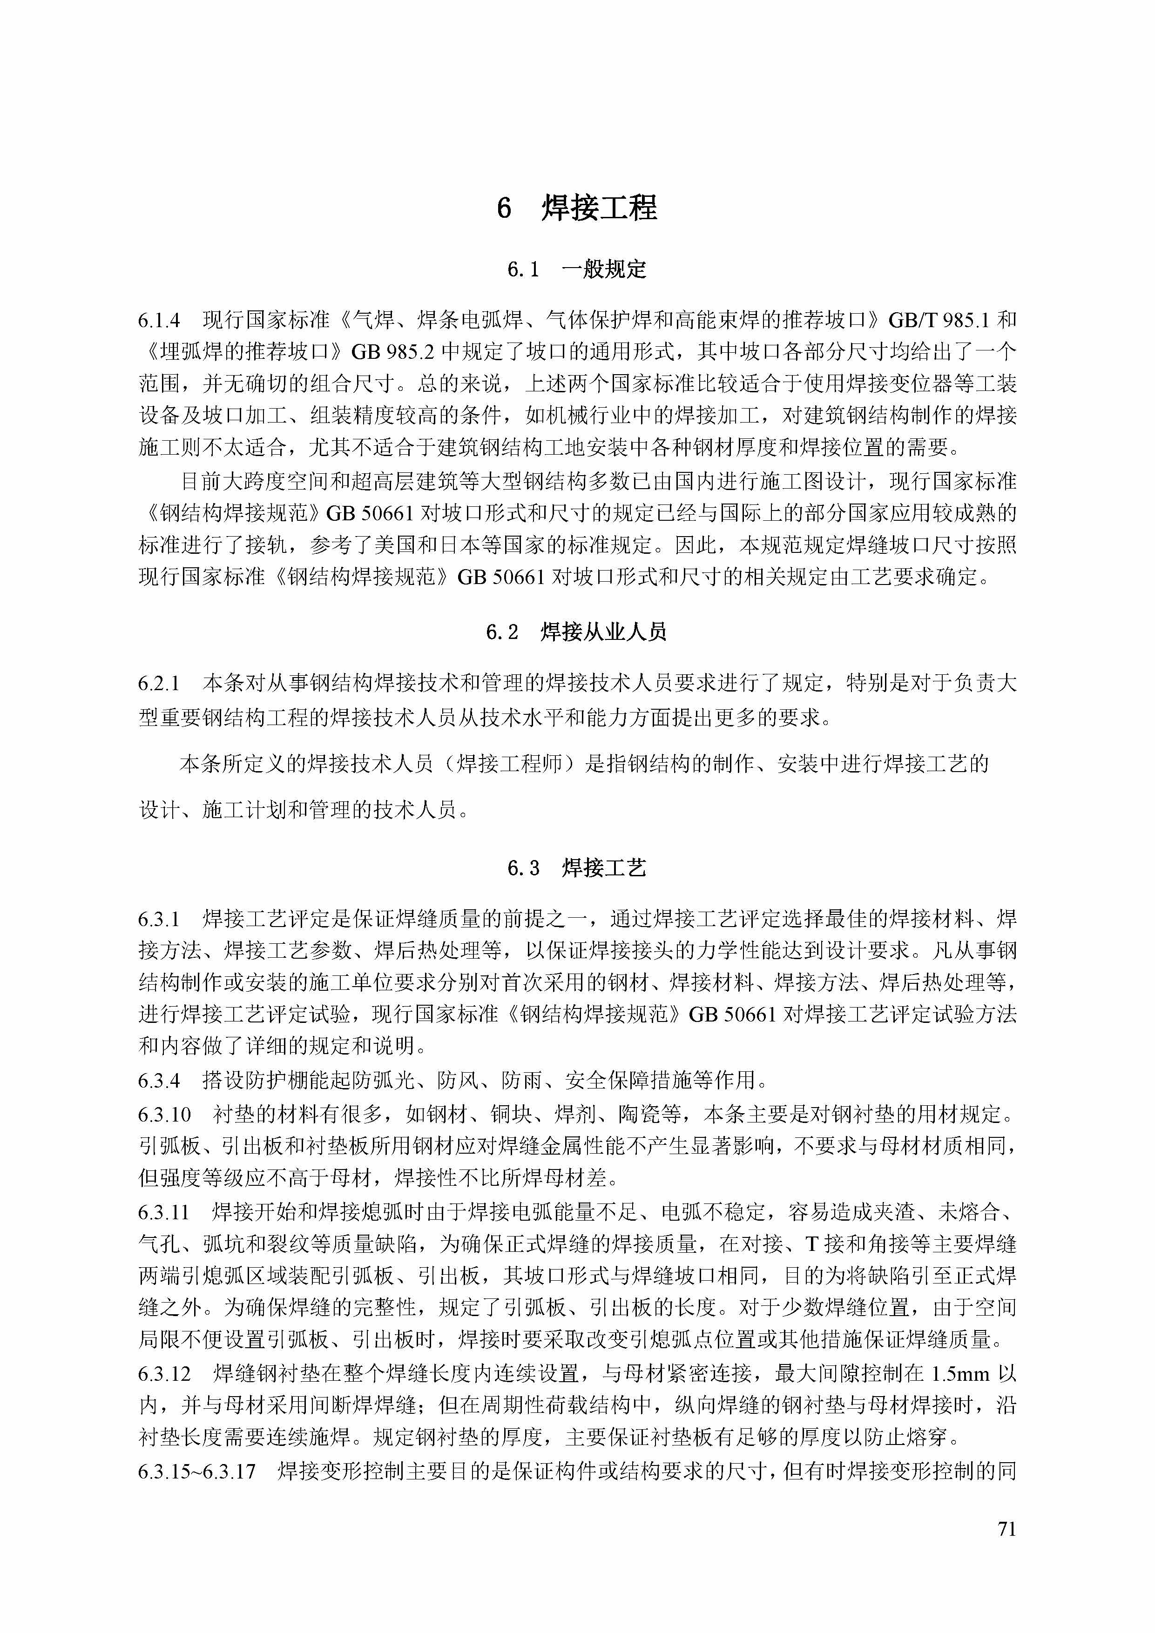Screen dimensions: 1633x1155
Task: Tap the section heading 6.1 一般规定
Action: click(576, 269)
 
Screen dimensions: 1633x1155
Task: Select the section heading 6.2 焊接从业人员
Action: click(576, 632)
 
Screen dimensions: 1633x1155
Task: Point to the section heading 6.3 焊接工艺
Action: click(576, 868)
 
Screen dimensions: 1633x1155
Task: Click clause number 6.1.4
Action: click(159, 321)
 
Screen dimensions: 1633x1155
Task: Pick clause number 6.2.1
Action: click(159, 684)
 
